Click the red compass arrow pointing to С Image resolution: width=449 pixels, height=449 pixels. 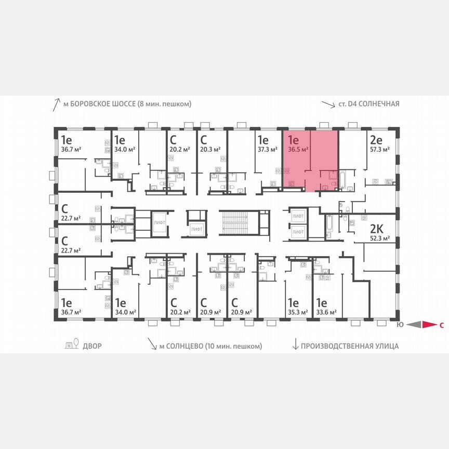point(429,325)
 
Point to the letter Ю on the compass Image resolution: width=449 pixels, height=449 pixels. point(399,325)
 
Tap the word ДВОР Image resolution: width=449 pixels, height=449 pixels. point(92,346)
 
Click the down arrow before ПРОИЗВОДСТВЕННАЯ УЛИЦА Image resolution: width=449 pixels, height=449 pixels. point(296,345)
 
